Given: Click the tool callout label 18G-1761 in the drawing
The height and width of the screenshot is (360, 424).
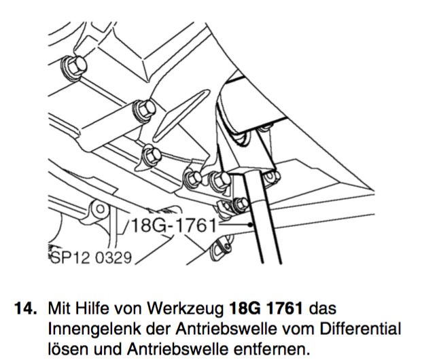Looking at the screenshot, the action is [173, 226].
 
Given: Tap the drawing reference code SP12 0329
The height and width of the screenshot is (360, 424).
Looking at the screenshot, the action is [91, 257].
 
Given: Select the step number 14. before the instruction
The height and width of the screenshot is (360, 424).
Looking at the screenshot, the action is [25, 308].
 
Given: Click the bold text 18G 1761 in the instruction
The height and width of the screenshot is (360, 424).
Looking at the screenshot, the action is [265, 308].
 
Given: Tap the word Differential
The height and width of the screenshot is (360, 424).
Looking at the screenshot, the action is [360, 329].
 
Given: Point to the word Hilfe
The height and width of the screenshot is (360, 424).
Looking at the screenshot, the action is [92, 308].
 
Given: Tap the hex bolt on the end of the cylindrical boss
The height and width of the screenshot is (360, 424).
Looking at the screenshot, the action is [144, 110].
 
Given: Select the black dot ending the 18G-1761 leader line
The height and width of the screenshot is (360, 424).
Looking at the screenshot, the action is [251, 224].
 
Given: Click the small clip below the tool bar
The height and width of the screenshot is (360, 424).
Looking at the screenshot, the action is [221, 248].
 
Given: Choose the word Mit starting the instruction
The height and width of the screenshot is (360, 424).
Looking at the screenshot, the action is [60, 308].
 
